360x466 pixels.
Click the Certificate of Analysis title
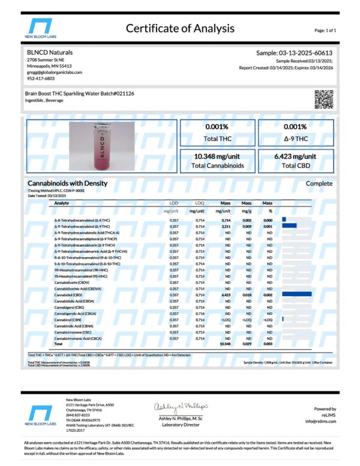pos(179,28)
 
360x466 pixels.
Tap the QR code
pos(323,98)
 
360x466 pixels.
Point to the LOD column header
pos(173,204)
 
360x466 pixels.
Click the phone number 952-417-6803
pos(40,78)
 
